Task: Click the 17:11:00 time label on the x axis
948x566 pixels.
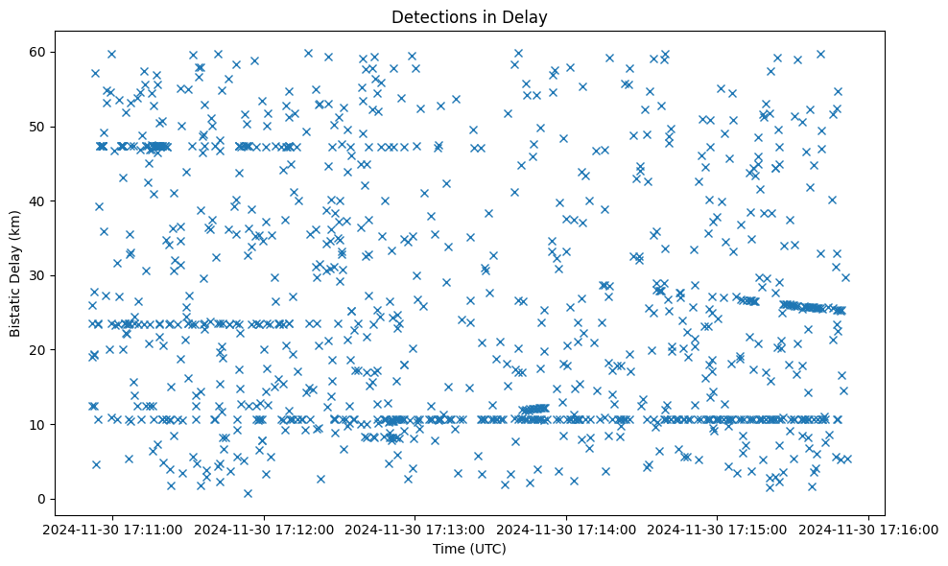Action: pos(113,530)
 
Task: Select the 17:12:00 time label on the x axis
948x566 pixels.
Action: pos(265,530)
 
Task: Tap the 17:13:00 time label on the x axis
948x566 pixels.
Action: pos(416,530)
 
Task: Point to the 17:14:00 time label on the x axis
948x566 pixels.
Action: pos(567,530)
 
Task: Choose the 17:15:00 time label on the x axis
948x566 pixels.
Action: pos(719,530)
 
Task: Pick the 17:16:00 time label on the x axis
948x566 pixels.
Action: pos(869,530)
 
